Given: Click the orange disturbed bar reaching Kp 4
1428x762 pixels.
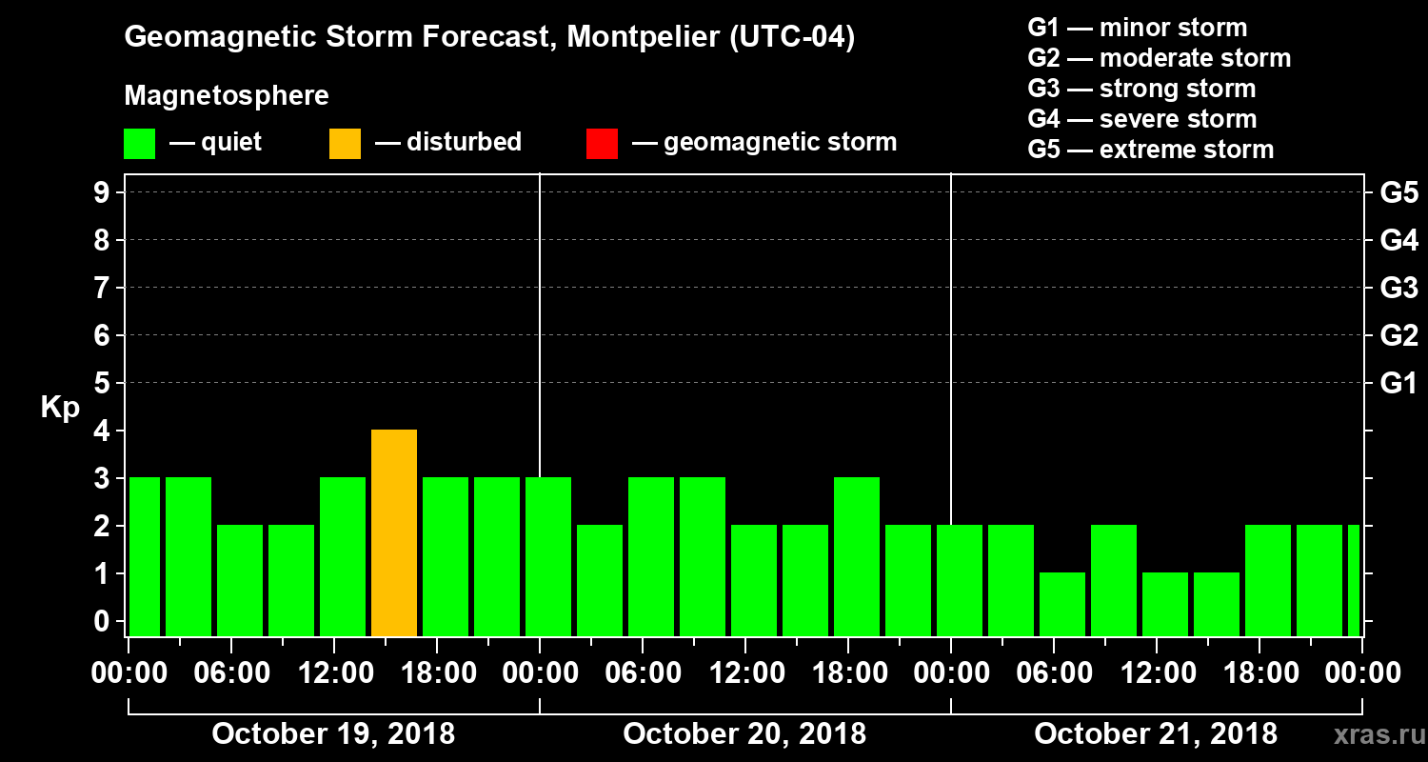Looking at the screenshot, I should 394,533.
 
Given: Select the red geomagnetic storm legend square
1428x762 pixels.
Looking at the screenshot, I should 602,144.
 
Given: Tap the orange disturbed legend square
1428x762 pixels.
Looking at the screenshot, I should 345,144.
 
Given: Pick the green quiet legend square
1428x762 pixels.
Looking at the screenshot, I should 139,144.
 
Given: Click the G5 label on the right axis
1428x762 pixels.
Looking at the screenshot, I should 1398,193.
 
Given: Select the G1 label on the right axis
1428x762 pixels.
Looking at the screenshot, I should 1398,384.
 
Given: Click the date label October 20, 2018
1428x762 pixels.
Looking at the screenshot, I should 744,734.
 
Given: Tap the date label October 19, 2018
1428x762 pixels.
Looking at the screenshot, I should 333,734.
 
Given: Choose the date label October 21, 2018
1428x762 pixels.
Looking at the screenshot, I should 1156,734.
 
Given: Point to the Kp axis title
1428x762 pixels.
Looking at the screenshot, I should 60,407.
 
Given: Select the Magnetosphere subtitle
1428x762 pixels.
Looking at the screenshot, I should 227,96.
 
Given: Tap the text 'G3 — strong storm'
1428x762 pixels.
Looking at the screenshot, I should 1141,89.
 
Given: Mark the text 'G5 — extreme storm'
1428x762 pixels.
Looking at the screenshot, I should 1150,150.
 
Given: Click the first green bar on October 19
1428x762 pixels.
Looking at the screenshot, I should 144,557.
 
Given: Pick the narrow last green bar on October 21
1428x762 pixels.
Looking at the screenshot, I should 1354,581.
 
